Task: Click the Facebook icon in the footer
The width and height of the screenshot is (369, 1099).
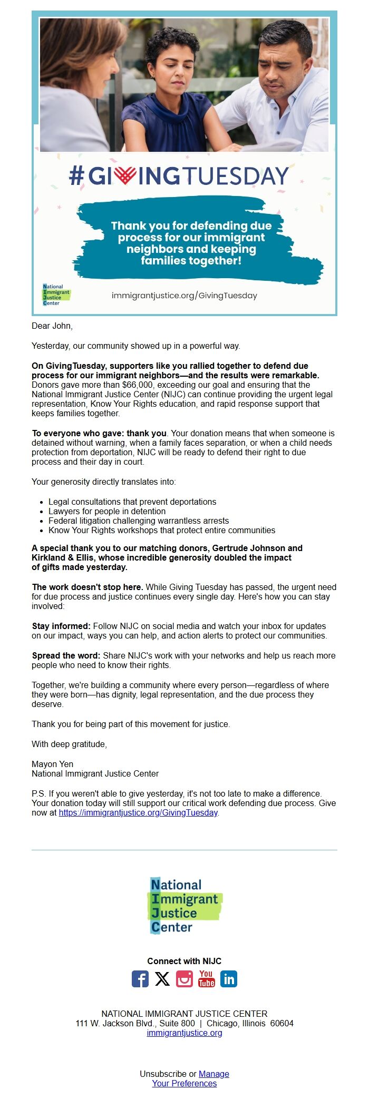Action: click(140, 979)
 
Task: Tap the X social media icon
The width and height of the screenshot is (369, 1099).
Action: click(162, 979)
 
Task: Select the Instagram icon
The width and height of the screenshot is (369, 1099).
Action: click(184, 979)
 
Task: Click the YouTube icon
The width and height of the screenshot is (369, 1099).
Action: click(207, 979)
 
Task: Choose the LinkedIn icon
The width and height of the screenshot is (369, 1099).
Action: click(229, 979)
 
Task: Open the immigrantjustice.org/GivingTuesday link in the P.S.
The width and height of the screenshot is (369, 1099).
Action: click(138, 812)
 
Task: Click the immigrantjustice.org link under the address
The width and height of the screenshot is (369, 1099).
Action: click(184, 1033)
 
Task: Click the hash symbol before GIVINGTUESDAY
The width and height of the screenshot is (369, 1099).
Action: click(76, 175)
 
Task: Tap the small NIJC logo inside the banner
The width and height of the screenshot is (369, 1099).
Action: click(55, 295)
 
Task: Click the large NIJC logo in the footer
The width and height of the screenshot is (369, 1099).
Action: click(184, 905)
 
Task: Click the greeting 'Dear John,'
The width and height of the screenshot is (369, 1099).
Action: click(52, 326)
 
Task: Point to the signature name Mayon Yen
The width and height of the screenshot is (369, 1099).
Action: click(53, 764)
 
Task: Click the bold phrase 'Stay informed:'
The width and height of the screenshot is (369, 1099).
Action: click(61, 626)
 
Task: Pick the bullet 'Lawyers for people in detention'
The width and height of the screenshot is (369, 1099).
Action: click(107, 511)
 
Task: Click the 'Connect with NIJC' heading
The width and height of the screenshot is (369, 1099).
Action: click(184, 961)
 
